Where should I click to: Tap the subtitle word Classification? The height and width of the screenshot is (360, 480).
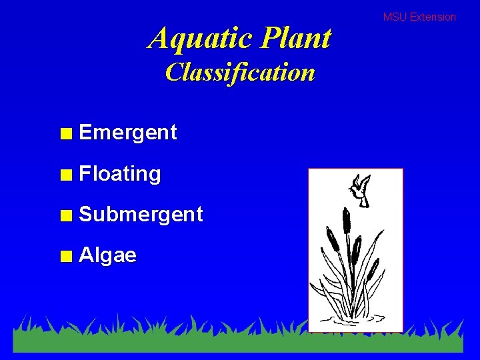pyautogui.click(x=240, y=72)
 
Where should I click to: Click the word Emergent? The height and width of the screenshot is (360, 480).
pyautogui.click(x=127, y=133)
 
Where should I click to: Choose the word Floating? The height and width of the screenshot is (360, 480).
pyautogui.click(x=119, y=174)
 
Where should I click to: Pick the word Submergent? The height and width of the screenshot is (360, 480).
pyautogui.click(x=141, y=215)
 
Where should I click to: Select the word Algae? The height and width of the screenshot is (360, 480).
pyautogui.click(x=107, y=255)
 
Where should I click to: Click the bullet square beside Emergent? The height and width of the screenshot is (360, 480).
pyautogui.click(x=65, y=133)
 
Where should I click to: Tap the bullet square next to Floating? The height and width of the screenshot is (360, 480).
pyautogui.click(x=65, y=175)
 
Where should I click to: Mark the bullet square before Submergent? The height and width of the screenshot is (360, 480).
pyautogui.click(x=65, y=215)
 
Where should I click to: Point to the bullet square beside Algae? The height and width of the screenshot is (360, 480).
pyautogui.click(x=65, y=256)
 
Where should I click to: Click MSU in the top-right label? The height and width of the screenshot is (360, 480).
pyautogui.click(x=395, y=17)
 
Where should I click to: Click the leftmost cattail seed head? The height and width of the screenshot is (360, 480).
pyautogui.click(x=331, y=239)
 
